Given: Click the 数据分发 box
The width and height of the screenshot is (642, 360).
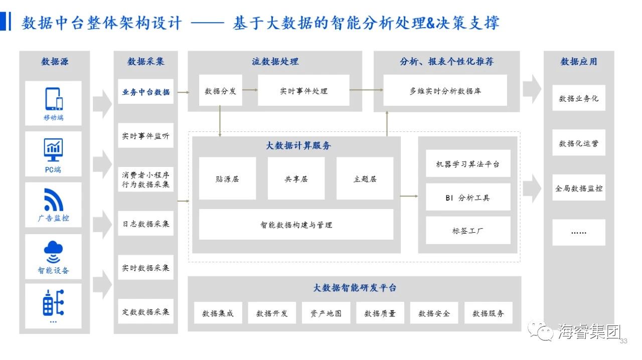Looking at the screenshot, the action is [x=220, y=90].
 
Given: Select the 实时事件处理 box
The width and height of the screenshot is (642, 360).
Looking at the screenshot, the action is [x=303, y=90].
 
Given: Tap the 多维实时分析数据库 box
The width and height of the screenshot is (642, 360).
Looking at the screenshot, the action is [x=445, y=90].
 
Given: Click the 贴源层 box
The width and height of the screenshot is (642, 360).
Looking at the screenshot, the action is [x=227, y=178].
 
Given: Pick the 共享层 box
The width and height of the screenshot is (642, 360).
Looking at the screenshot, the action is [x=296, y=178].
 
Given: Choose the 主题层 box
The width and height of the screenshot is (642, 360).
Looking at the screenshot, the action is [x=365, y=178].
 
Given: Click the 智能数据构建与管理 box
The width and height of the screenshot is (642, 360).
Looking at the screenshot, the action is [x=296, y=225].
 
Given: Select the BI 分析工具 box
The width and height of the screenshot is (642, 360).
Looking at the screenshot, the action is [x=468, y=197].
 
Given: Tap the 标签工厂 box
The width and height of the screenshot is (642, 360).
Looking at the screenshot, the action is [x=468, y=230].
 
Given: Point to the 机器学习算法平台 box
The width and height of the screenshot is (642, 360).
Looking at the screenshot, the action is [x=468, y=163].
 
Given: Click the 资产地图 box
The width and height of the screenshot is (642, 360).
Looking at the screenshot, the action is [x=326, y=313].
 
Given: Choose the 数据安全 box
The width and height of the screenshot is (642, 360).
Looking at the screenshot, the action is [x=434, y=313].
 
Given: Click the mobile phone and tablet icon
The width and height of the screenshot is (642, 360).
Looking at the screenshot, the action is [x=54, y=99].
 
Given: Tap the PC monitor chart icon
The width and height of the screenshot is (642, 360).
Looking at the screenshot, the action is [x=53, y=149].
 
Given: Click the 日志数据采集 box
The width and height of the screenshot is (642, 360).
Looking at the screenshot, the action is [x=145, y=223].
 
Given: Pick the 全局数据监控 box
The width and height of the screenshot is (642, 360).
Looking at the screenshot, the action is [x=579, y=188].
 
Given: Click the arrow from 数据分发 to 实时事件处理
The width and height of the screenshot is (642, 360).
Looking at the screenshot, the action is [x=250, y=90].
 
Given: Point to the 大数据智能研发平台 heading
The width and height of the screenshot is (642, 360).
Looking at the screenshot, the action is [x=355, y=287].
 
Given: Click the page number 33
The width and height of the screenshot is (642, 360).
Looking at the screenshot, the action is [x=623, y=341].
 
